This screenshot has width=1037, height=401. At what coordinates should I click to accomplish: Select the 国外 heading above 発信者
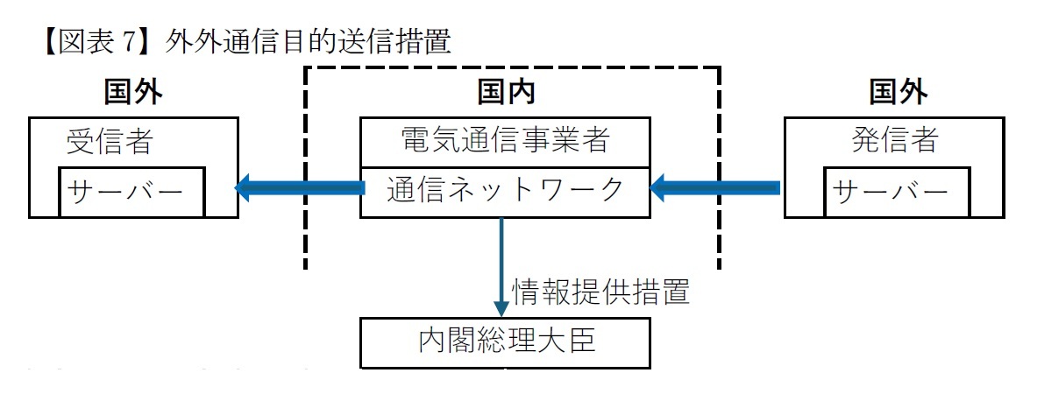point(898,91)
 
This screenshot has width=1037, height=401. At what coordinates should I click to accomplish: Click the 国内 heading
point(506,91)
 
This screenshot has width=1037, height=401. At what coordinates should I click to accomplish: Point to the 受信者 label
point(110,141)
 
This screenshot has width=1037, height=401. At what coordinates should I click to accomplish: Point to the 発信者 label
point(895,141)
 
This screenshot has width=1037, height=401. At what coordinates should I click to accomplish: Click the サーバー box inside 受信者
point(131,192)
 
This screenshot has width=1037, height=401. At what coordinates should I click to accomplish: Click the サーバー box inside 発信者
point(897,192)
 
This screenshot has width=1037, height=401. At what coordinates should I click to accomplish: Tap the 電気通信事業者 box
point(505,141)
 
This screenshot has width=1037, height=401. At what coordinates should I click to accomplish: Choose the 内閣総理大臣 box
point(506,341)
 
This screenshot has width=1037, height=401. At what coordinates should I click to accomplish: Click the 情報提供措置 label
point(600,292)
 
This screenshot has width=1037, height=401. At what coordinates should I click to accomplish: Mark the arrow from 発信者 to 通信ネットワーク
point(714,186)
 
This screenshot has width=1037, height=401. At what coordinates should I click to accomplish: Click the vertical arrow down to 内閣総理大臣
point(501,263)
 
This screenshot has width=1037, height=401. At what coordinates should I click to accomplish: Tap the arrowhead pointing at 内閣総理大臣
point(501,307)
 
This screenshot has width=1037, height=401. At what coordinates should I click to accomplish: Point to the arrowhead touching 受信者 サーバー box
point(244,186)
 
